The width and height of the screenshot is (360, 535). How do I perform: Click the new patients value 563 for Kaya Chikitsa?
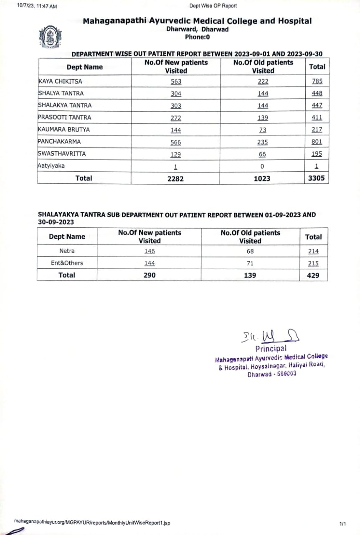click(176, 82)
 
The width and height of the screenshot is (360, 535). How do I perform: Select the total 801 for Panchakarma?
click(317, 142)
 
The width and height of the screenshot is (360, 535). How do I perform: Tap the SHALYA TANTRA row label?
click(61, 93)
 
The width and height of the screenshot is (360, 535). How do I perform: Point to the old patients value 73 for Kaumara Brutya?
click(263, 130)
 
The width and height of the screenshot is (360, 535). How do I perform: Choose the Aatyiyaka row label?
click(51, 166)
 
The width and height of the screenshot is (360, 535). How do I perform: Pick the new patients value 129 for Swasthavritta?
click(176, 154)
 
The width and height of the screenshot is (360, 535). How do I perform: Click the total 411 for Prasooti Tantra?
click(317, 118)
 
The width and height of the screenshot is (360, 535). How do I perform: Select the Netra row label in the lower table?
click(67, 251)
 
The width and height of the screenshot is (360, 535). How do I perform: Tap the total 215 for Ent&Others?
click(313, 263)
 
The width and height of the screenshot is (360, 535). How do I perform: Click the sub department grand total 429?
click(313, 275)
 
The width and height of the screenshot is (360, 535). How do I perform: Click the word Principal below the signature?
click(271, 349)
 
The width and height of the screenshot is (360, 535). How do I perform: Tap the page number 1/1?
click(343, 523)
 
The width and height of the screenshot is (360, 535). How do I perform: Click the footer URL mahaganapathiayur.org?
click(92, 522)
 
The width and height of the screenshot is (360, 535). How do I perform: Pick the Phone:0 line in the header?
click(197, 37)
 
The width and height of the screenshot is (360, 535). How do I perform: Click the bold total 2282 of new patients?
click(175, 178)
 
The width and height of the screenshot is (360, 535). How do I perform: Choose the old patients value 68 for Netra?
click(250, 251)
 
